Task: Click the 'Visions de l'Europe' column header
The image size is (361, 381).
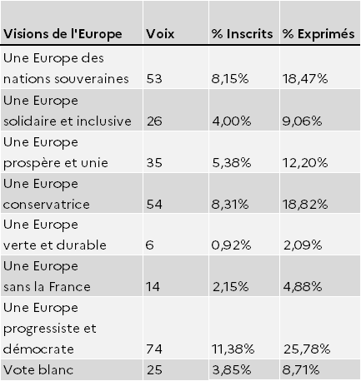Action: point(63,34)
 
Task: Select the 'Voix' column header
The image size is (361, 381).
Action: point(160,34)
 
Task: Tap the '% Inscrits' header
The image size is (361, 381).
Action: point(242,34)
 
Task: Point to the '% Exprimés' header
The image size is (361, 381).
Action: point(318,34)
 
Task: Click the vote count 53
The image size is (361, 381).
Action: point(154,79)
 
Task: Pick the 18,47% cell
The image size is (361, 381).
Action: point(305,79)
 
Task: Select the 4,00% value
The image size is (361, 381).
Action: point(232,121)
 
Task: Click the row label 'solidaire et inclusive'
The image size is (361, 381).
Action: point(68,121)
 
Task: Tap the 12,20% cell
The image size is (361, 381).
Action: point(305,163)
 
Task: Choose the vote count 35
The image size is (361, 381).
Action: point(154,163)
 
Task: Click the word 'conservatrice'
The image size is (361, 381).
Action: point(47,205)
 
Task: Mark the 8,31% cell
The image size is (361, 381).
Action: point(230,205)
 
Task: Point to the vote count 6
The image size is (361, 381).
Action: point(149,245)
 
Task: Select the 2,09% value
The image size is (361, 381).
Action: point(303,245)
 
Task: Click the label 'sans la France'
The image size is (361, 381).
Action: point(47,287)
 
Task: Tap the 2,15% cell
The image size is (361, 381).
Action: point(231,287)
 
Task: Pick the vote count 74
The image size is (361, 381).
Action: point(154,349)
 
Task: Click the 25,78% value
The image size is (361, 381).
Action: point(307,349)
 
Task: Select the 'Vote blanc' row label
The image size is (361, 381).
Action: point(38,370)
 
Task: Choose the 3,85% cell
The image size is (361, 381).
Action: point(232,370)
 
